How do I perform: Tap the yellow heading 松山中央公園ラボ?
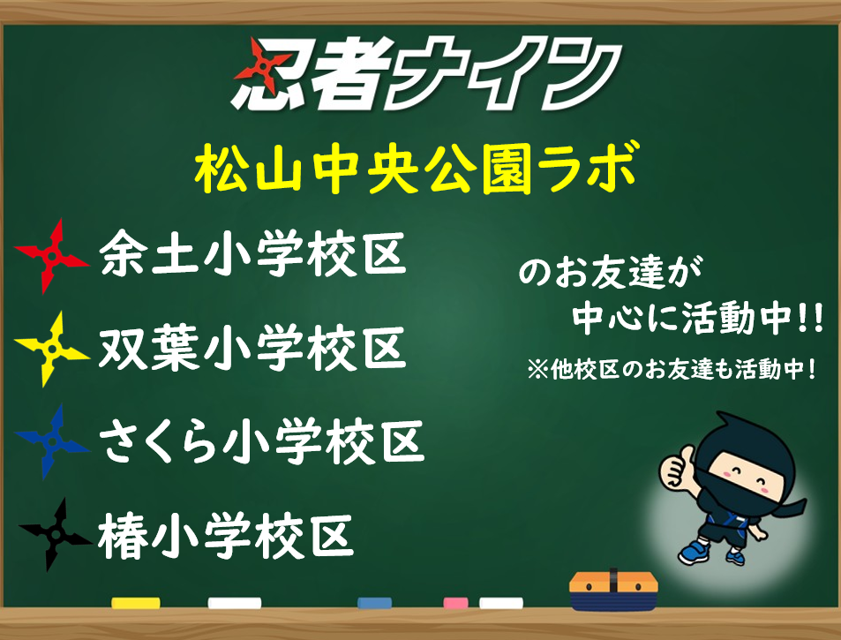tap(417, 168)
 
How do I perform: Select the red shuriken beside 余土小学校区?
tap(51, 256)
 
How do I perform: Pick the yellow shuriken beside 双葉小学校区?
tap(51, 350)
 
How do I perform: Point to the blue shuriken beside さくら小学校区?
tap(52, 441)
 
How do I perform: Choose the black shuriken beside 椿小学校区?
tap(55, 534)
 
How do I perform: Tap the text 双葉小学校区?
tap(252, 349)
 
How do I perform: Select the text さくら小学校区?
tap(262, 441)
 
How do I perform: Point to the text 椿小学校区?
tap(226, 535)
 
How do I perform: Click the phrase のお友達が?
tap(611, 272)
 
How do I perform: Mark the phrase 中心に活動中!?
tap(697, 319)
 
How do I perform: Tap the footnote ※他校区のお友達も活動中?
tap(672, 369)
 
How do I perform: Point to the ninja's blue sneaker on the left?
tap(695, 552)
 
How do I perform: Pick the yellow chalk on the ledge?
tap(136, 603)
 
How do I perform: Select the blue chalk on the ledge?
tap(374, 603)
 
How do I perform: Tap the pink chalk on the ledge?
tap(456, 603)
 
